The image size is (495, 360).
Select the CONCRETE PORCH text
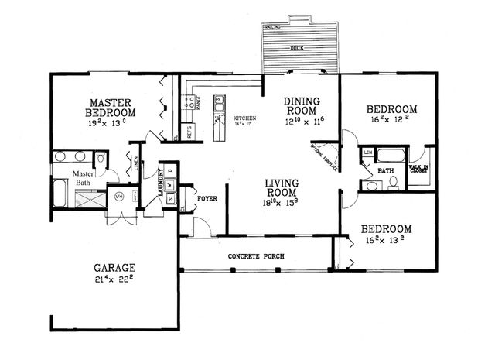coord(254,256)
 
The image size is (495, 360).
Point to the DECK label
coord(297,48)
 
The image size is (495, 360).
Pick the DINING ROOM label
coord(300,105)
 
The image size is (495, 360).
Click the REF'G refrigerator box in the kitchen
coord(186,131)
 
